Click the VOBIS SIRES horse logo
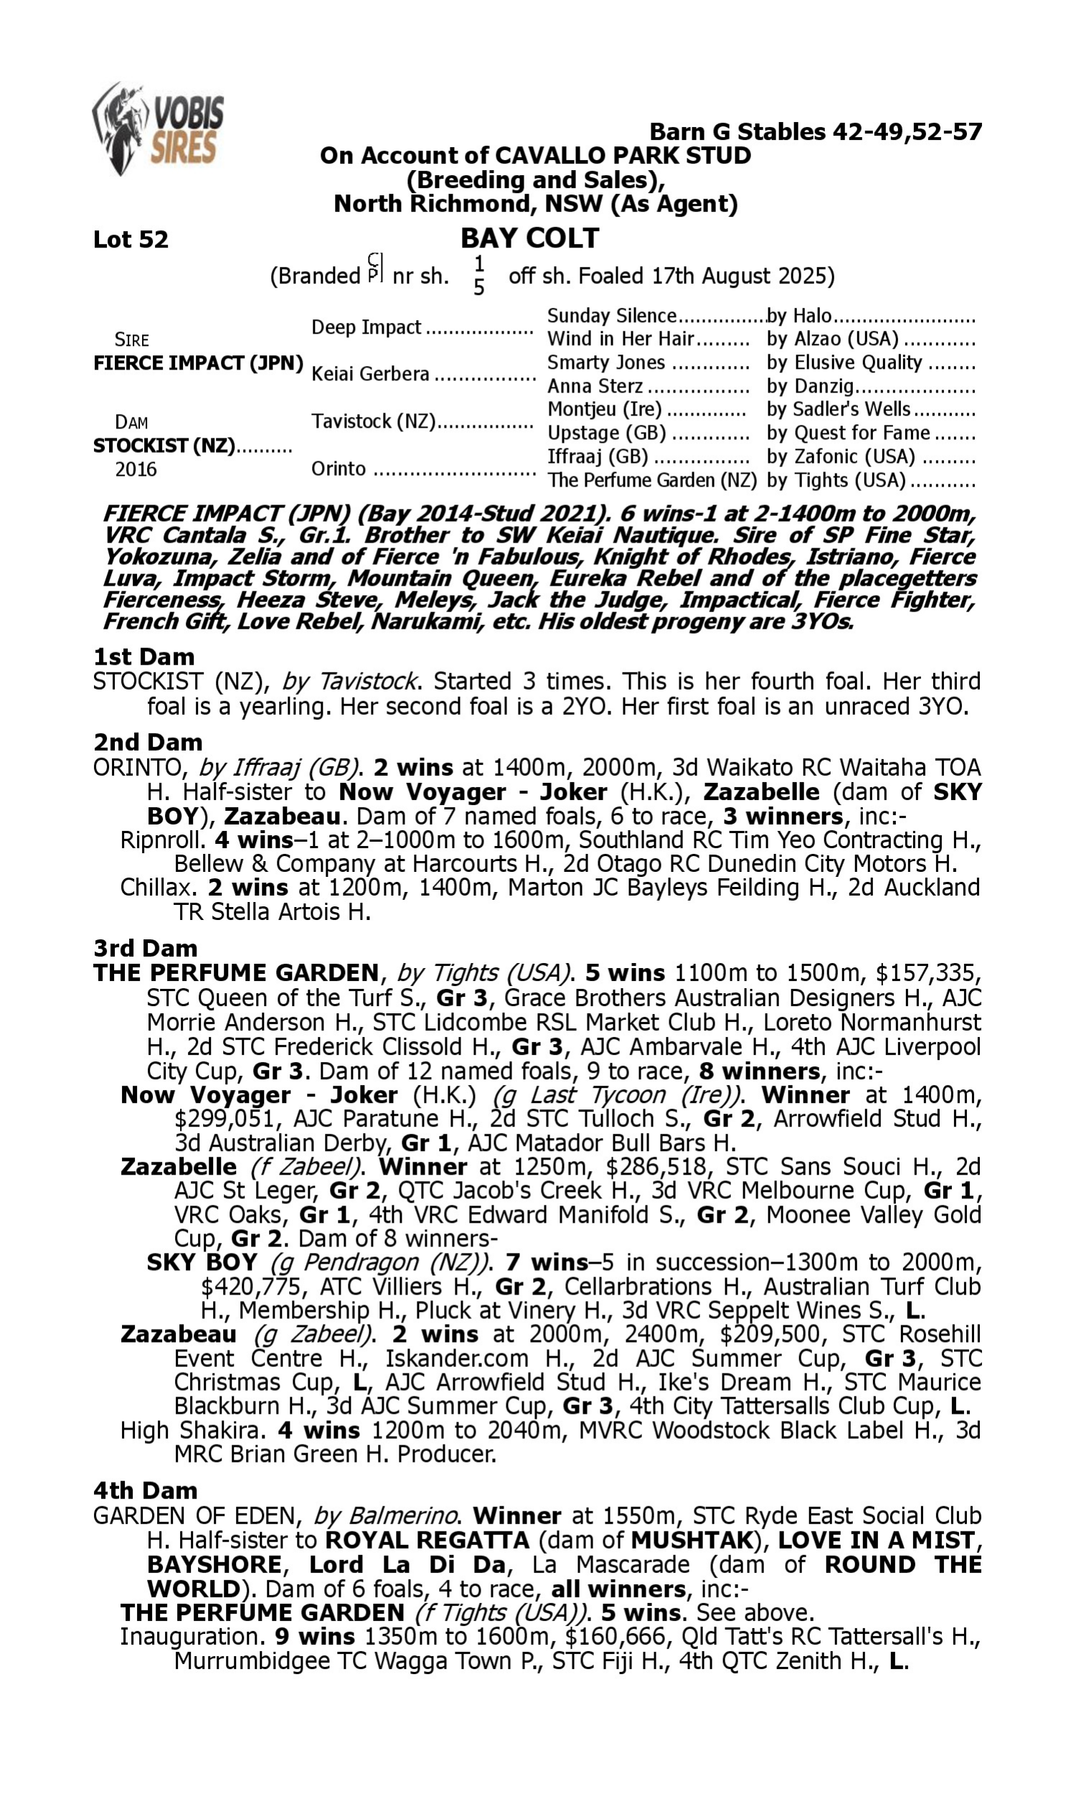[x=157, y=129]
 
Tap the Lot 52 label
[x=131, y=239]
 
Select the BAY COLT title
[x=530, y=238]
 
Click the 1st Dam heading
[x=144, y=657]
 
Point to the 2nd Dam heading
[x=147, y=743]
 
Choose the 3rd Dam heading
[x=145, y=948]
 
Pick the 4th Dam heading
[x=145, y=1490]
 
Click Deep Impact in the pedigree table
[x=366, y=327]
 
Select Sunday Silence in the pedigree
[x=611, y=316]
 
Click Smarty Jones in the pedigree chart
[x=606, y=362]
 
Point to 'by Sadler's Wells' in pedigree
[x=839, y=410]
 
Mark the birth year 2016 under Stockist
[x=136, y=470]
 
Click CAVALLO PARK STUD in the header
[x=622, y=155]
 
